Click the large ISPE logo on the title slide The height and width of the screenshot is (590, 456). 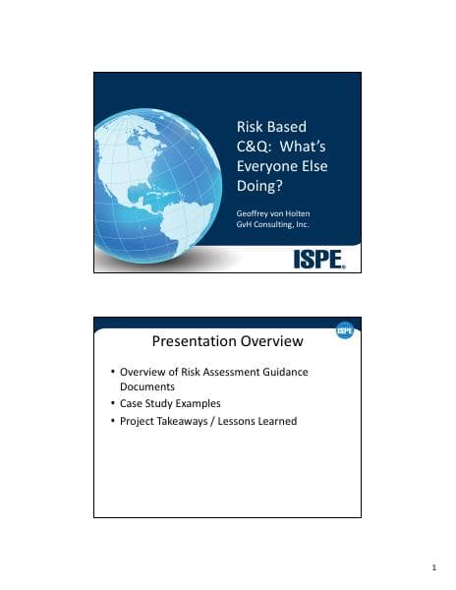coord(319,259)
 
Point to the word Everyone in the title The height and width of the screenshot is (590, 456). coord(269,166)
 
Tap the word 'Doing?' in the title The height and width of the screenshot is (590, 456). coord(260,186)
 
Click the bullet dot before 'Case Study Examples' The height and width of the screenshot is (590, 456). coord(112,404)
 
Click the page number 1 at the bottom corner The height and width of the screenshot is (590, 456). coord(433,569)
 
